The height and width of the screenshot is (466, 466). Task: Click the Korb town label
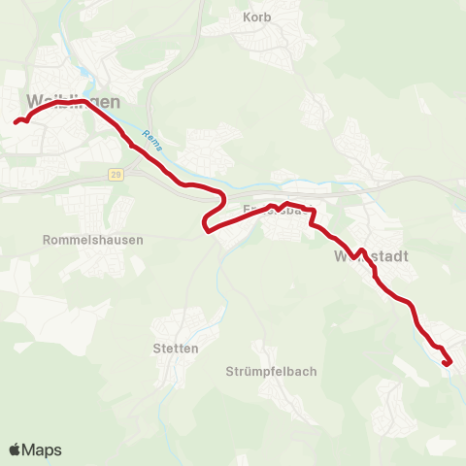[258, 17]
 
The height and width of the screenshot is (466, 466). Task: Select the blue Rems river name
[150, 141]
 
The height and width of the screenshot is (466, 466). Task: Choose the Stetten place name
[176, 348]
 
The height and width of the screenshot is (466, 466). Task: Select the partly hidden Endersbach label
[277, 209]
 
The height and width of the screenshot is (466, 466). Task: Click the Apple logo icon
[16, 449]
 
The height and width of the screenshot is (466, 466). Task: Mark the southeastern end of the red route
[446, 363]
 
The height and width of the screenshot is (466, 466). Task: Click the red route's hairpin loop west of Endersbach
[205, 227]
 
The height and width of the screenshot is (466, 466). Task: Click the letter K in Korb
[247, 17]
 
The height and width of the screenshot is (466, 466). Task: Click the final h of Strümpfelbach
[313, 372]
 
